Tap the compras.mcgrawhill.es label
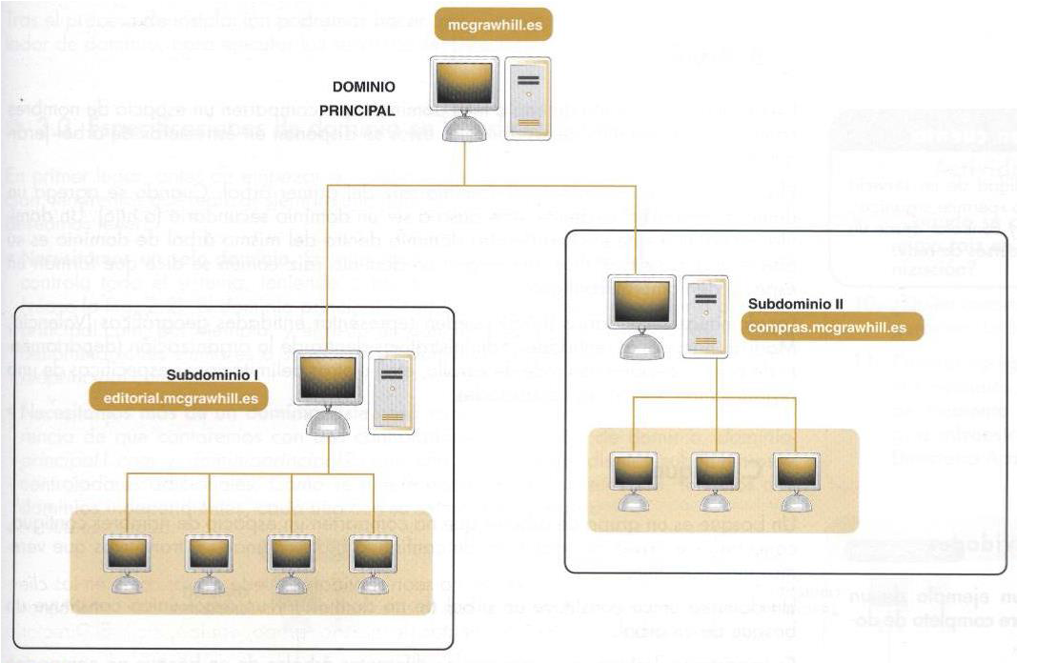(x=821, y=328)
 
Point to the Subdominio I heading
(x=220, y=374)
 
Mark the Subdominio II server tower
(x=705, y=314)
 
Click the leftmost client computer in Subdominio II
(x=633, y=476)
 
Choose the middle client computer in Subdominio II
(x=715, y=476)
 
